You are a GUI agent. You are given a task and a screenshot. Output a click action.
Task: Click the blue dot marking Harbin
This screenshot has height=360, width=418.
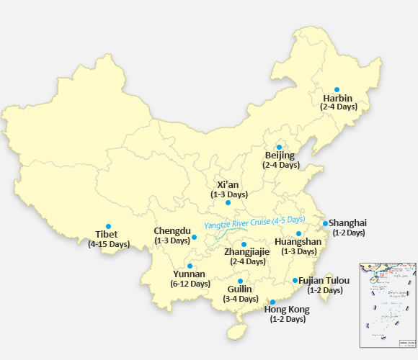click(x=337, y=89)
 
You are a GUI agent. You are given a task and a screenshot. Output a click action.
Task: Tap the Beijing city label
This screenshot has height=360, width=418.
click(x=280, y=156)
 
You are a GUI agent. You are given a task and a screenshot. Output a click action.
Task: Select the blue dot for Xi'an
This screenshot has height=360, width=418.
click(x=228, y=202)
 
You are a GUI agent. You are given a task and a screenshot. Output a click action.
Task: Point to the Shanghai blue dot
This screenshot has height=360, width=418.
click(x=325, y=223)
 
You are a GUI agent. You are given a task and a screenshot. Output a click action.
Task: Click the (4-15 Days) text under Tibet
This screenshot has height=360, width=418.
click(x=109, y=245)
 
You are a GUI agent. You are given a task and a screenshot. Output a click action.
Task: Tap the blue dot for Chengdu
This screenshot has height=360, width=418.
click(x=194, y=237)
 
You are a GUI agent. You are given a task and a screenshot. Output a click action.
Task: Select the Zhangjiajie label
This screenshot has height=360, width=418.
click(x=247, y=252)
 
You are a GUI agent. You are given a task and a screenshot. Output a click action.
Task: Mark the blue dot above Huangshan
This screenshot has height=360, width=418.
click(x=298, y=233)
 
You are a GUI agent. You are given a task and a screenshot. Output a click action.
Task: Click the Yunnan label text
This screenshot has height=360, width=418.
click(x=189, y=274)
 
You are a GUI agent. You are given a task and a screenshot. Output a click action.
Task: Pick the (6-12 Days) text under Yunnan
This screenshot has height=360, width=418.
click(x=190, y=284)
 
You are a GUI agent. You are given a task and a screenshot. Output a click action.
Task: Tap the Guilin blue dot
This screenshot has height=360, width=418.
click(x=240, y=281)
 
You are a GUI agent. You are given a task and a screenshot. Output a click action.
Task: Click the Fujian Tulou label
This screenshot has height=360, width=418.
click(x=324, y=281)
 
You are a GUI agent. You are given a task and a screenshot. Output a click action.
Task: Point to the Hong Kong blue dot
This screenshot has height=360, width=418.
click(x=272, y=302)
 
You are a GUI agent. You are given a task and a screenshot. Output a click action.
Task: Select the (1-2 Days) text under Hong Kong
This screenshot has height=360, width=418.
click(x=288, y=319)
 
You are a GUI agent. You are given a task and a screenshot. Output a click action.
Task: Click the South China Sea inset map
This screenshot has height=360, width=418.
click(x=388, y=305)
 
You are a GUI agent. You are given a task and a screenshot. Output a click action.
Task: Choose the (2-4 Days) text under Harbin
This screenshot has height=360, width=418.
click(x=338, y=107)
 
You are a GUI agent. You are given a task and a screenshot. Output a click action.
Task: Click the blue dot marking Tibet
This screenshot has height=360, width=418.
click(x=108, y=225)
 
